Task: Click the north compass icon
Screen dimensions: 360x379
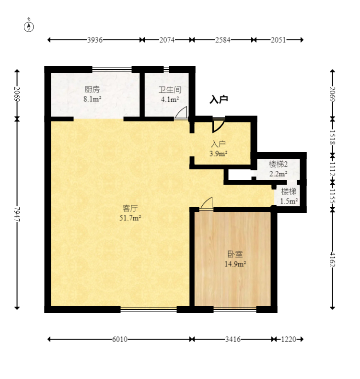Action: pyautogui.click(x=29, y=26)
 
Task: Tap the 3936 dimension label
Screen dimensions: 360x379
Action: pyautogui.click(x=94, y=40)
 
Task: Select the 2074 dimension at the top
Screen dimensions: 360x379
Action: pyautogui.click(x=167, y=40)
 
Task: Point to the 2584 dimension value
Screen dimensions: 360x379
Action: pyautogui.click(x=222, y=40)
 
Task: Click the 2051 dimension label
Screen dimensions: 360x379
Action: pyautogui.click(x=278, y=40)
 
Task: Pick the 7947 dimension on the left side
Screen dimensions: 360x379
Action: pyautogui.click(x=17, y=213)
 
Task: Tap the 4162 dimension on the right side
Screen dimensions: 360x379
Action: pyautogui.click(x=333, y=260)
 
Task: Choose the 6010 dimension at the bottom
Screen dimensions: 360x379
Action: pyautogui.click(x=120, y=339)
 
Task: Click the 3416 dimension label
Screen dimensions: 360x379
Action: pyautogui.click(x=233, y=339)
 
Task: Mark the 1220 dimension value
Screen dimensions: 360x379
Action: pyautogui.click(x=289, y=339)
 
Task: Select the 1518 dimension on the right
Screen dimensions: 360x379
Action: pyautogui.click(x=333, y=137)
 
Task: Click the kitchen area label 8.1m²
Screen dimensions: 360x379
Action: pyautogui.click(x=92, y=99)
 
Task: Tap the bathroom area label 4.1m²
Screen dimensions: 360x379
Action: pyautogui.click(x=170, y=99)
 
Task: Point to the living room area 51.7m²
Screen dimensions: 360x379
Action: pyautogui.click(x=130, y=218)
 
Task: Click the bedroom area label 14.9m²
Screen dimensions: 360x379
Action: pyautogui.click(x=235, y=264)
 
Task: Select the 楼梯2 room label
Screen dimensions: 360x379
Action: pyautogui.click(x=278, y=165)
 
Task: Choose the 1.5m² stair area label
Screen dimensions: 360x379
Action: pyautogui.click(x=289, y=201)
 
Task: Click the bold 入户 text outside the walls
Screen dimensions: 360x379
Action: pyautogui.click(x=219, y=99)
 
